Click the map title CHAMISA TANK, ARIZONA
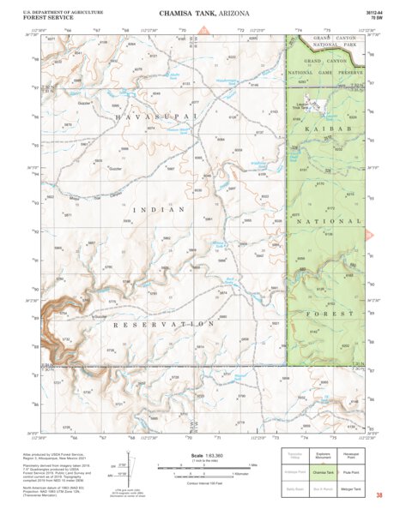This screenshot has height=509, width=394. pos(197,15)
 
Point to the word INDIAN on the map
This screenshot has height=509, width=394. pos(164,209)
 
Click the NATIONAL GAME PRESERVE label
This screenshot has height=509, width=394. pos(327,73)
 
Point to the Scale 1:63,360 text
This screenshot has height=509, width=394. pos(205,456)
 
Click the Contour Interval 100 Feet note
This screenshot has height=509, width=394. pos(205,485)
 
